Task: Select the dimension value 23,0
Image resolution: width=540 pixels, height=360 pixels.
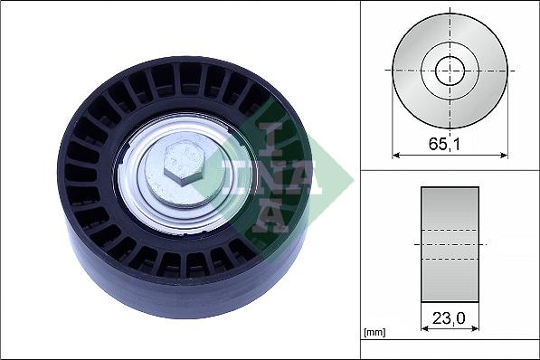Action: click(x=450, y=319)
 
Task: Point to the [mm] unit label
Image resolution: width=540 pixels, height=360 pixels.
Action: click(x=374, y=333)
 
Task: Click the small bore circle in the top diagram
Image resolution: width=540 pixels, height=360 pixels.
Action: click(x=450, y=70)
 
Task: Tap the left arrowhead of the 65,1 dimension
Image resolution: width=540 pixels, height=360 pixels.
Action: click(x=396, y=156)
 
